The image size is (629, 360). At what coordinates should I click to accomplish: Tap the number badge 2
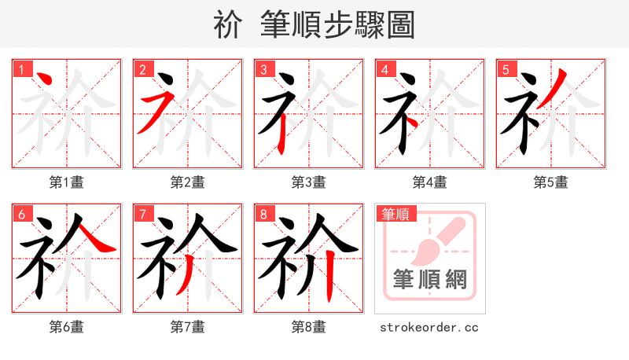point(142,69)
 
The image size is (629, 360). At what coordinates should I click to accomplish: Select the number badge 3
point(263,69)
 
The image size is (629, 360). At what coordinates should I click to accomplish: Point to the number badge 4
point(384,69)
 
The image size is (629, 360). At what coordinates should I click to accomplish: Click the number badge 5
point(506,69)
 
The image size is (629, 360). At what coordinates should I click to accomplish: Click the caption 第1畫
point(66,182)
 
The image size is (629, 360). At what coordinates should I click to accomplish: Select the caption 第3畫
point(308,182)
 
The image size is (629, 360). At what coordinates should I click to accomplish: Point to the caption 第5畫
point(550,182)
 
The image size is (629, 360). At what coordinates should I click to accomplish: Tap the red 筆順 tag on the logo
point(395,214)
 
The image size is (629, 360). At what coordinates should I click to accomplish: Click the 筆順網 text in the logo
point(429,279)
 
